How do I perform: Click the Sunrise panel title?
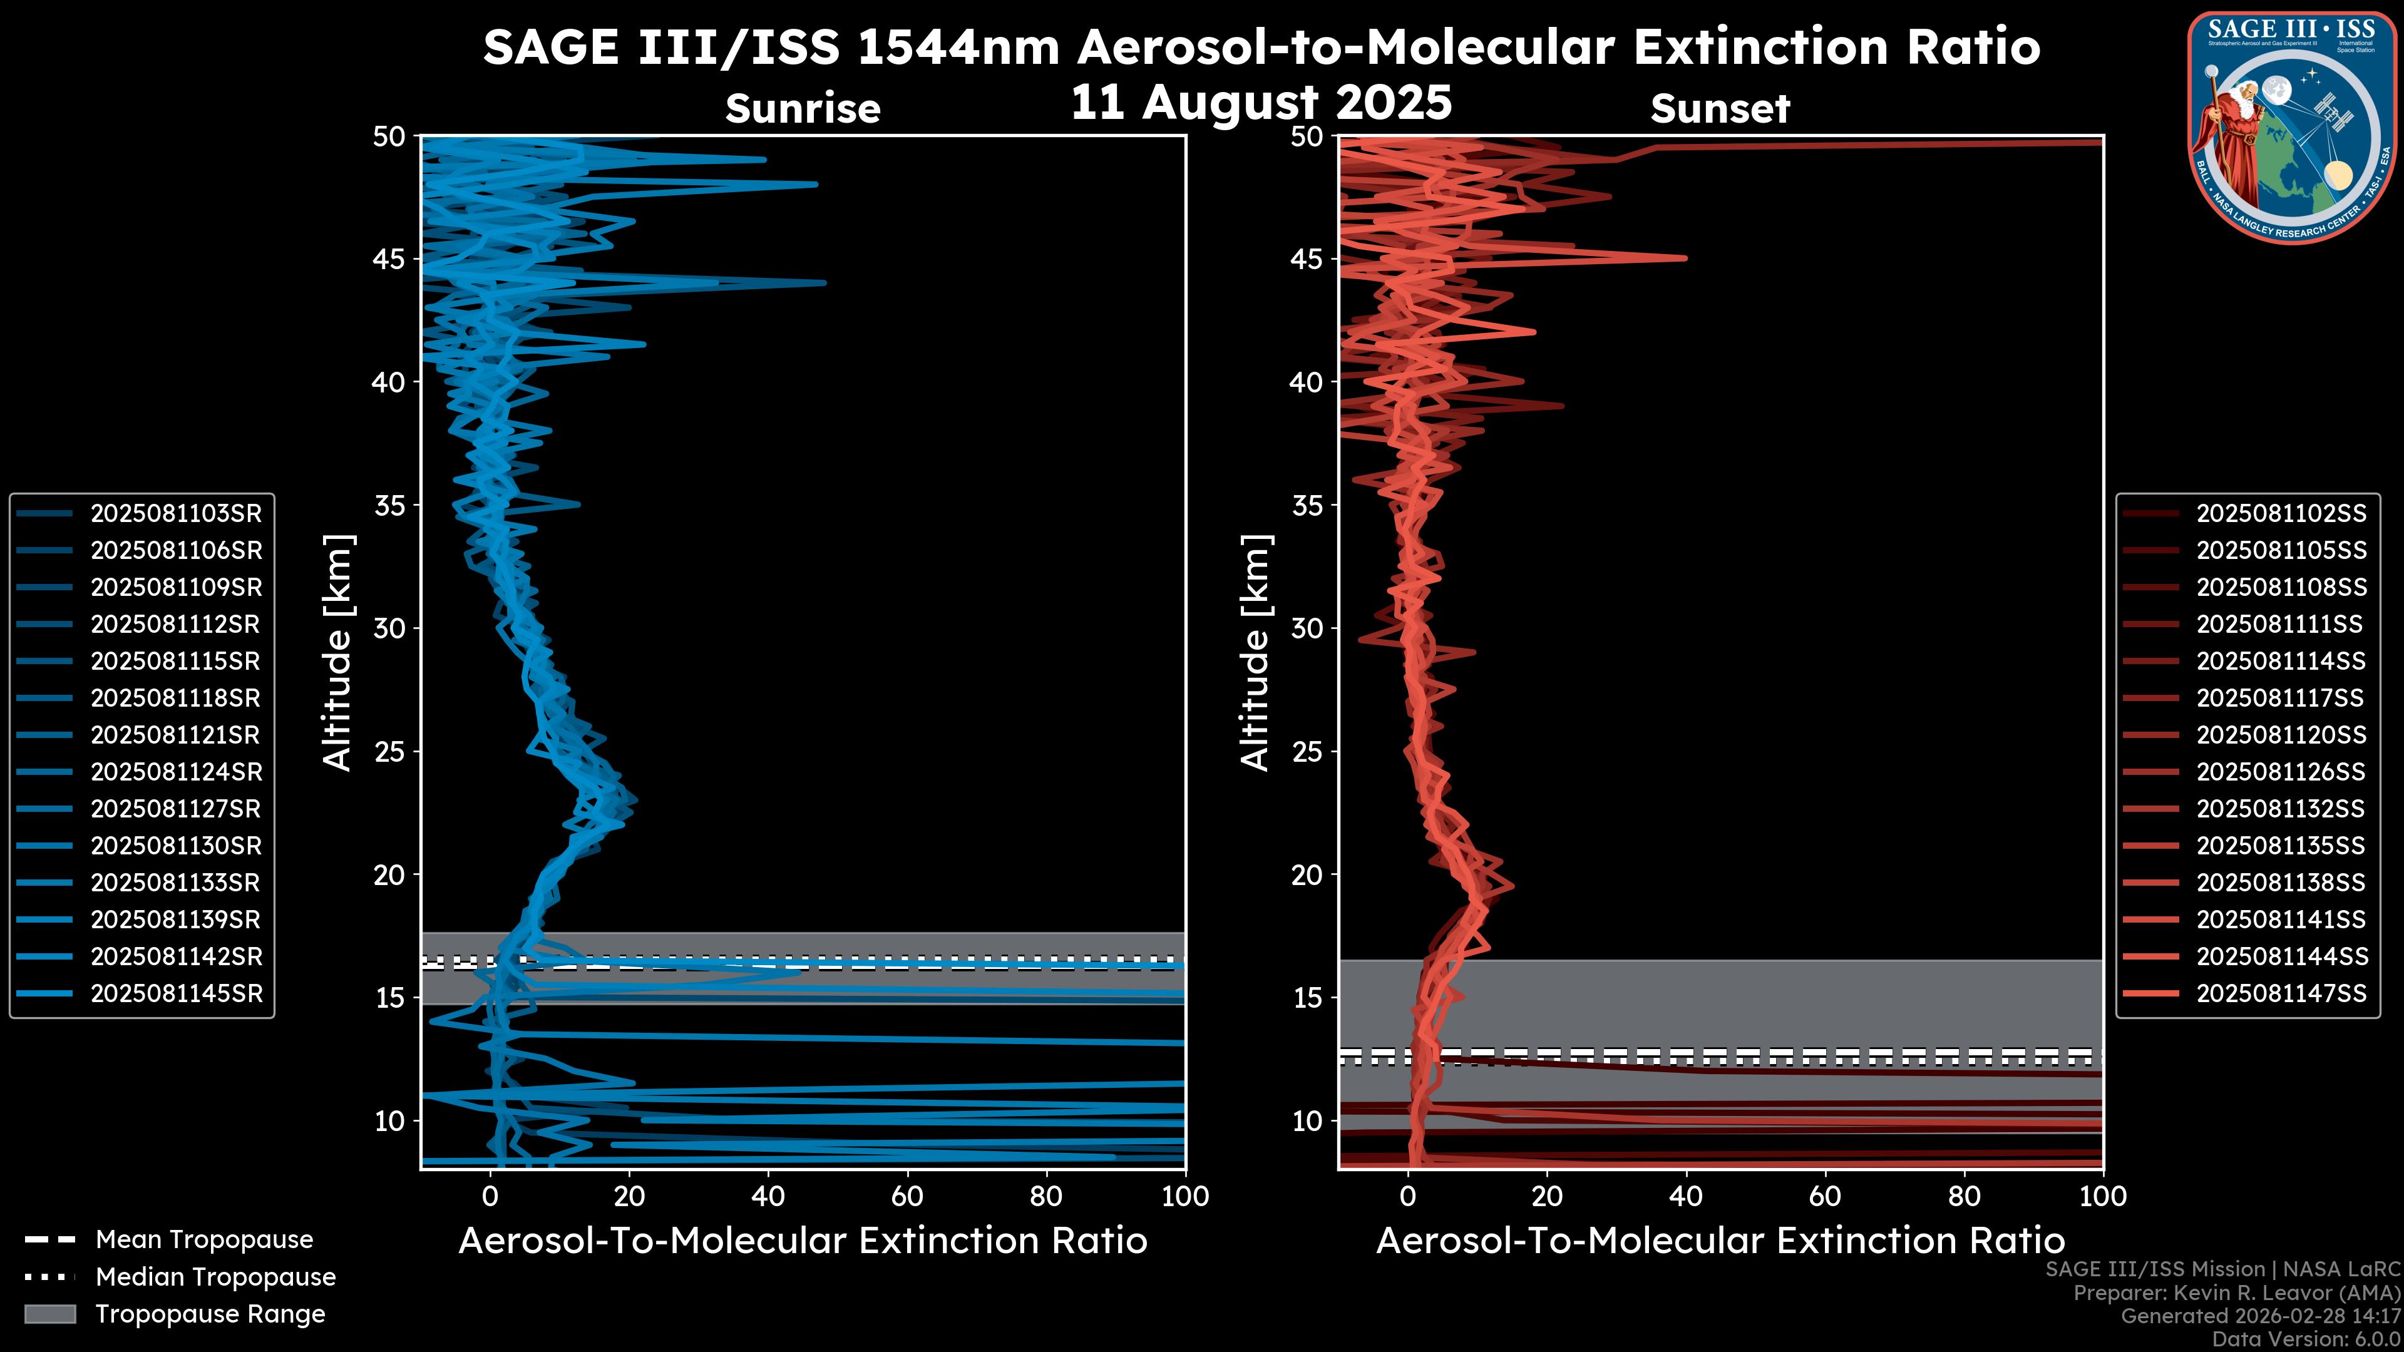coord(803,108)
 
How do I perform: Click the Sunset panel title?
coord(1720,108)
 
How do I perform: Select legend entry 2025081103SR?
coord(175,513)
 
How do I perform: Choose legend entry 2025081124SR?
coord(175,772)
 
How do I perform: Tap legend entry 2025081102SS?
coord(2281,513)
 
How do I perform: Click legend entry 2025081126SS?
coord(2281,772)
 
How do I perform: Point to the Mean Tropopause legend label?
coord(204,1239)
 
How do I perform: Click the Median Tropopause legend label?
coord(215,1276)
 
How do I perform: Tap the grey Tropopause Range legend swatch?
coord(50,1314)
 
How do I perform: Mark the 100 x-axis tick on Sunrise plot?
coord(1185,1196)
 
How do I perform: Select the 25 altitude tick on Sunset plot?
coord(1307,752)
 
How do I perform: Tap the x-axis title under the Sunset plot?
coord(1720,1240)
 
